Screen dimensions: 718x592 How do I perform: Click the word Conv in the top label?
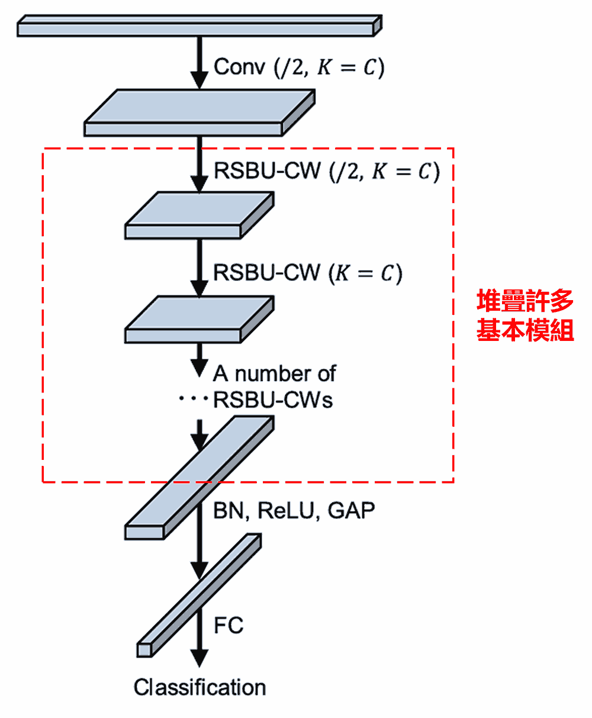click(239, 67)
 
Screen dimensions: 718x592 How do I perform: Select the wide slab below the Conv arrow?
click(199, 112)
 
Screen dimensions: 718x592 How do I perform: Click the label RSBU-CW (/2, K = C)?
click(327, 171)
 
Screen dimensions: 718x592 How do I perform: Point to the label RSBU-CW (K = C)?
click(307, 273)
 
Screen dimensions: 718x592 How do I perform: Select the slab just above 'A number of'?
click(199, 320)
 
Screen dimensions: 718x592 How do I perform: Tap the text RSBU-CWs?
click(273, 400)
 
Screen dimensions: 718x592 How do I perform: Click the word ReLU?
click(286, 510)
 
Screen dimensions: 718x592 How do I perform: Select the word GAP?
click(352, 510)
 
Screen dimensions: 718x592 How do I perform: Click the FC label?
click(229, 625)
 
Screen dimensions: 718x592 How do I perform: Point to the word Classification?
click(200, 687)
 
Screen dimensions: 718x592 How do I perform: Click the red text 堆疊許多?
click(525, 301)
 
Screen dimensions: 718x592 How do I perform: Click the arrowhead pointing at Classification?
click(200, 658)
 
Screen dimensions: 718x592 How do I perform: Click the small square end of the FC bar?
click(144, 649)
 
